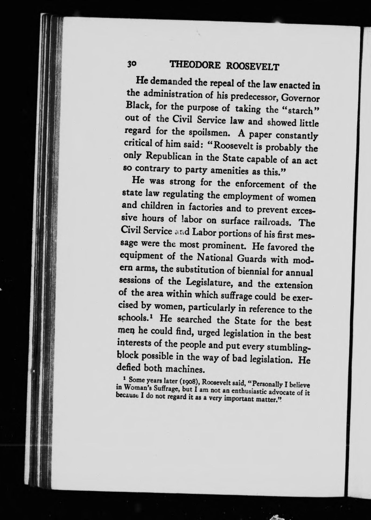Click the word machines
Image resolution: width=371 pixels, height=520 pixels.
pos(186,368)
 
